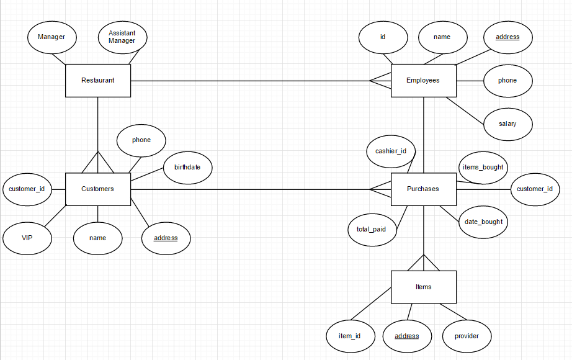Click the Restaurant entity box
point(98,81)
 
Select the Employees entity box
point(423,81)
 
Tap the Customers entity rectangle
point(98,189)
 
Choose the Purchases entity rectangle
point(423,189)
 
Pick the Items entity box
point(423,287)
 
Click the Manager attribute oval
point(51,37)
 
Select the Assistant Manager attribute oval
point(122,37)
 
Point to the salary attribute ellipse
point(507,124)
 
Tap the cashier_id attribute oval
point(391,151)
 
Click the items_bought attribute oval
point(483,168)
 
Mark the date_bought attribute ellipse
point(483,222)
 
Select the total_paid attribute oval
point(372,229)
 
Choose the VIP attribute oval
point(27,238)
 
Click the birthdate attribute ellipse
point(187,168)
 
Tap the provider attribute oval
point(467,336)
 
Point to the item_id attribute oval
point(350,336)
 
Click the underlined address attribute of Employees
point(507,37)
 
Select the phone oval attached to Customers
point(141,140)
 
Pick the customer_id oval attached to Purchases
point(534,189)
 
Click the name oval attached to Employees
point(442,37)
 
